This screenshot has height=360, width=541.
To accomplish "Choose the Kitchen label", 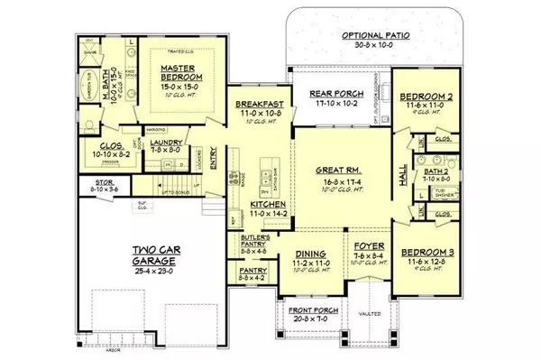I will tap(250, 207).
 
